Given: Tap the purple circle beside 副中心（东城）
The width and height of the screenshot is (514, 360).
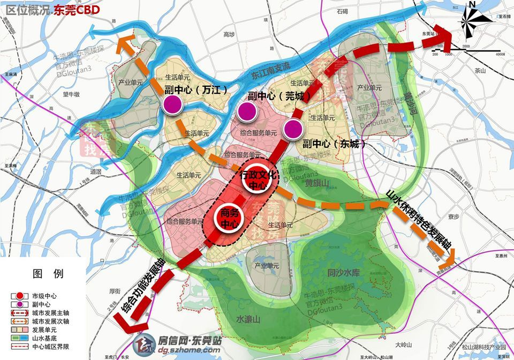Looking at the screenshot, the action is pos(293,129).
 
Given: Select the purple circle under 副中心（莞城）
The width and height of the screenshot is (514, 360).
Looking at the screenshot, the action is pos(247,111).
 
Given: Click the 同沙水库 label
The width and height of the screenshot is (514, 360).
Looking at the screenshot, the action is pos(345,273).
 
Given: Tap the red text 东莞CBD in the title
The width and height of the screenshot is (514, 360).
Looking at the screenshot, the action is pos(77,9).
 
